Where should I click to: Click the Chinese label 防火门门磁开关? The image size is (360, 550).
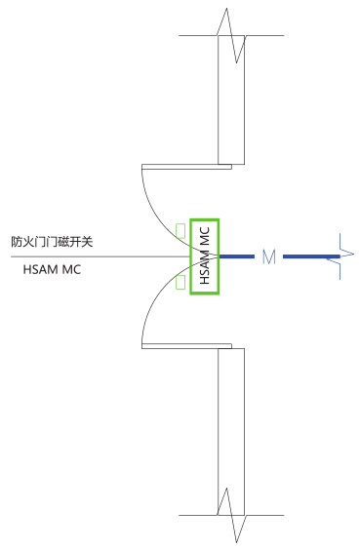tap(52, 242)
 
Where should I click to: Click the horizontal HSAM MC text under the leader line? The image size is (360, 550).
tap(52, 269)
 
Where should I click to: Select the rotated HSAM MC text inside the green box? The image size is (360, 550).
tap(204, 255)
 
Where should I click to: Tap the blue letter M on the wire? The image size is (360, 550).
tap(268, 256)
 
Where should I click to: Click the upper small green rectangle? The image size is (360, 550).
tap(180, 231)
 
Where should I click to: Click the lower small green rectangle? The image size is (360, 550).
tap(180, 282)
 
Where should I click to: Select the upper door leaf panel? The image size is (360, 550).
tap(186, 167)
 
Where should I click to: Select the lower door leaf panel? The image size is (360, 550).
tap(186, 346)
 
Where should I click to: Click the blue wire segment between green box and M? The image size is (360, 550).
tap(237, 256)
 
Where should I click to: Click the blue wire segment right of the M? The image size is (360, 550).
tap(311, 256)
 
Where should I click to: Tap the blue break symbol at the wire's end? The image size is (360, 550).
tap(340, 256)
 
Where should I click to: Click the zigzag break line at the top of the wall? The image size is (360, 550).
tap(231, 35)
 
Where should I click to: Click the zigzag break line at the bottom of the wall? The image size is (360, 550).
tap(231, 515)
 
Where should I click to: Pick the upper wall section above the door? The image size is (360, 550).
tap(231, 100)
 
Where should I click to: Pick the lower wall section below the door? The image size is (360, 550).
tap(231, 432)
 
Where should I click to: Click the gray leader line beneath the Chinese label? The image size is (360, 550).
tap(100, 256)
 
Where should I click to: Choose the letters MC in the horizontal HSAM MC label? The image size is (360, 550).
tap(71, 269)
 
